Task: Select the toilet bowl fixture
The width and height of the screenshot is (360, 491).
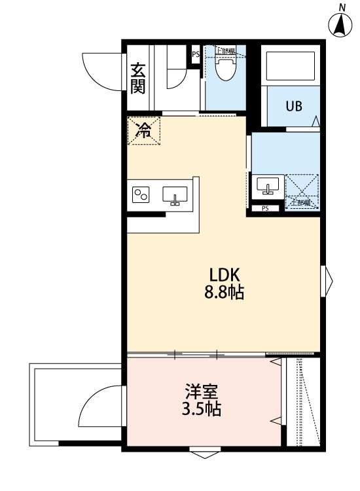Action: pos(225,68)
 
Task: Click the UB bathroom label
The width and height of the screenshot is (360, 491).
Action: pos(293,106)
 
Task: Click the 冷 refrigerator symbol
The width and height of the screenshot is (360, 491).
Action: pos(143,130)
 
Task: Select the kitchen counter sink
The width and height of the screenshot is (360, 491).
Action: pos(175,195)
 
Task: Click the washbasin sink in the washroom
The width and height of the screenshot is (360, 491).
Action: pos(266,185)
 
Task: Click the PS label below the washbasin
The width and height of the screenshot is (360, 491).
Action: pos(265,209)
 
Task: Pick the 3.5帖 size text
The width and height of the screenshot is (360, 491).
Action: pos(201,410)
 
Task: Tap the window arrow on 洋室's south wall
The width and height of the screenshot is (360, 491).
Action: pos(202,454)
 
